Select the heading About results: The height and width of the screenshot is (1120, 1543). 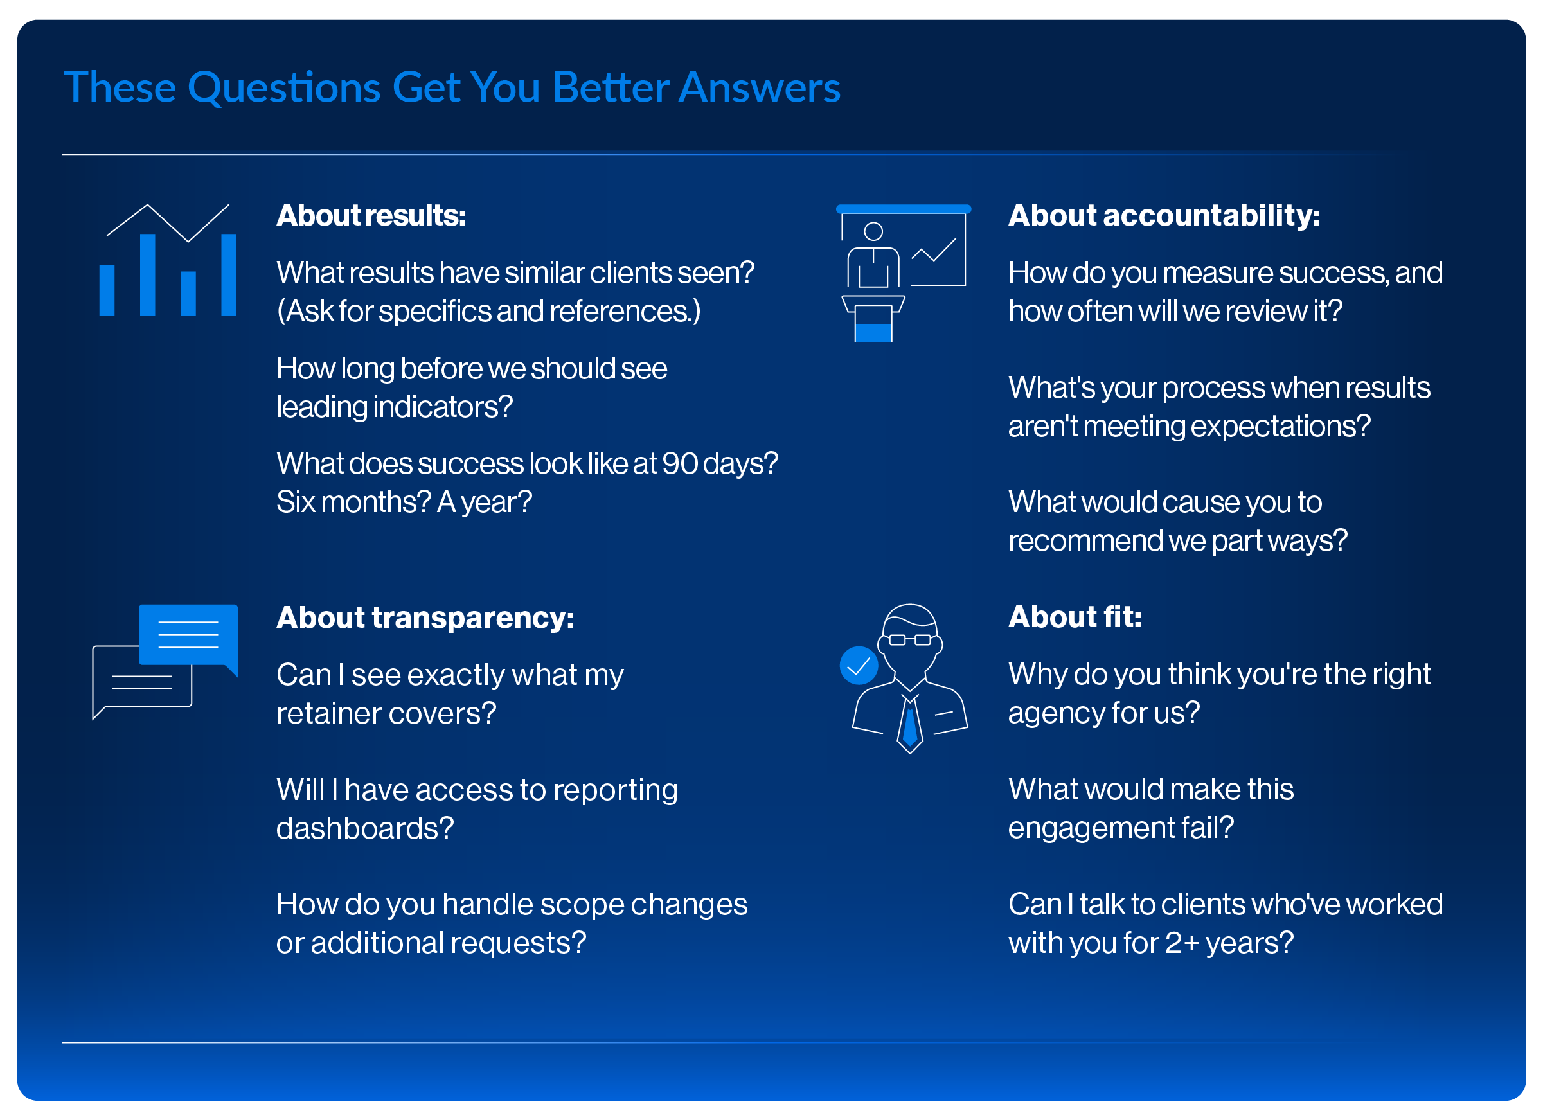[x=371, y=215]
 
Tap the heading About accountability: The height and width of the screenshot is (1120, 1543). [x=1164, y=215]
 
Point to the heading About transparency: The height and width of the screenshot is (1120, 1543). [x=425, y=618]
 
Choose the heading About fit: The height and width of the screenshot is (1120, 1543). [x=1075, y=617]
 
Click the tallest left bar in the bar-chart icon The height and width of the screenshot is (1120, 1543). [x=148, y=275]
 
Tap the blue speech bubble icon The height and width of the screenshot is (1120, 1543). [x=188, y=637]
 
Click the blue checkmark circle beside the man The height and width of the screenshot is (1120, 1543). [x=859, y=666]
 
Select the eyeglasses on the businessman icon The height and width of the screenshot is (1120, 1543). [x=909, y=639]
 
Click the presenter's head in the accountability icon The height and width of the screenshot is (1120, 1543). [x=873, y=232]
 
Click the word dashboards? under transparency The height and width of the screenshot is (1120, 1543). [x=365, y=828]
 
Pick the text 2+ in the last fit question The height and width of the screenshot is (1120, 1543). [x=1182, y=943]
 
